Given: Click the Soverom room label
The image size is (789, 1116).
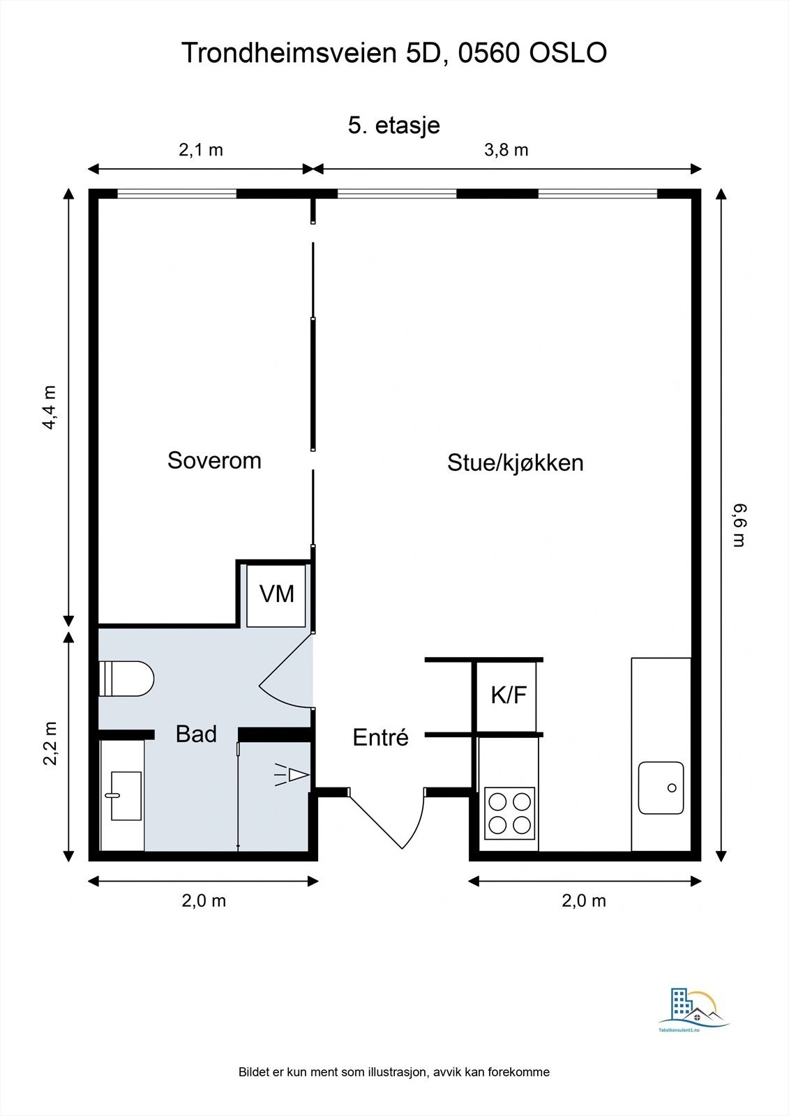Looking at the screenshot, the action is tap(214, 460).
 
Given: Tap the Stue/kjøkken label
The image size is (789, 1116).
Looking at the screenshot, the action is tap(516, 463).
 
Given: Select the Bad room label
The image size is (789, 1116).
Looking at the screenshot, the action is tap(196, 734).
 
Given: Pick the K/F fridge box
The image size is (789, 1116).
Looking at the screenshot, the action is tap(507, 696).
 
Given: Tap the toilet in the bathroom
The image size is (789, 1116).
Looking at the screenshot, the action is tap(126, 679).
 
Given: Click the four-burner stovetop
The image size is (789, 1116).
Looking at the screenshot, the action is tap(509, 813).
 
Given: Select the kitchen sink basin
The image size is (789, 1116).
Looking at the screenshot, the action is tap(661, 787).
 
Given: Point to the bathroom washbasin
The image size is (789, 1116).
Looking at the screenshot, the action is tap(126, 796).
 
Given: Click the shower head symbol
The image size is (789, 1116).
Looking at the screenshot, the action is tap(292, 775).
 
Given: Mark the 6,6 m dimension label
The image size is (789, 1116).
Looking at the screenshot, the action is tap(739, 526).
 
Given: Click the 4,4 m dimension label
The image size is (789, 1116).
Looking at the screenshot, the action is tap(50, 407).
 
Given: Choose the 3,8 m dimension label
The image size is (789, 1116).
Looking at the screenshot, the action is tap(506, 150).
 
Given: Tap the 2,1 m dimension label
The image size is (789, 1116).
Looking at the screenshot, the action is tap(201, 150).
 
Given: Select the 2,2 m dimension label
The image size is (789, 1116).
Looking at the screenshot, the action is tap(50, 743).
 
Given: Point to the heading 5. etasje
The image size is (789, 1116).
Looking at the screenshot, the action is tap(393, 125).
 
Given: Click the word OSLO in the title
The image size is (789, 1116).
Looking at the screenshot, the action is tap(568, 52).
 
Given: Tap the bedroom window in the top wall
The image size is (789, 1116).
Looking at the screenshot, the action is tap(176, 193).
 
